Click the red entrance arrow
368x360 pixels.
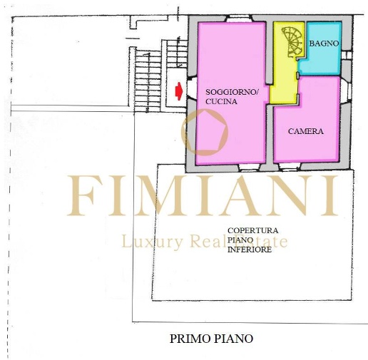tap(179, 91)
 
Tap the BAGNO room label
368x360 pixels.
tap(324, 43)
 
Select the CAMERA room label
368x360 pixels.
tap(306, 131)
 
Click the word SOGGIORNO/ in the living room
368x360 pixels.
tap(232, 92)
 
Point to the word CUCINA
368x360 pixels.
tap(221, 101)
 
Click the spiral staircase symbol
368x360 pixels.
tap(292, 41)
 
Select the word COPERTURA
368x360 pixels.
tap(252, 230)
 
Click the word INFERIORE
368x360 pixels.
tap(250, 250)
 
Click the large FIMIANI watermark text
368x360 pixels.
tap(203, 195)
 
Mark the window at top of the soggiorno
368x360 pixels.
tap(239, 19)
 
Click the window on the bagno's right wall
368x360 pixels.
tap(347, 55)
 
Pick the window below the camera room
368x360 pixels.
tap(290, 167)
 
